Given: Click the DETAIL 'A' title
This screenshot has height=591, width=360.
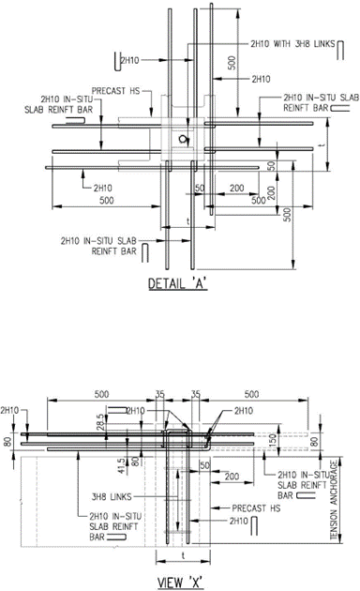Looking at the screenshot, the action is (x=178, y=283).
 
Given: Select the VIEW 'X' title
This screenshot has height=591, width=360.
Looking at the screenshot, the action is (x=180, y=583).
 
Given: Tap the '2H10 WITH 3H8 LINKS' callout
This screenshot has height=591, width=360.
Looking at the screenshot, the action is (x=292, y=44).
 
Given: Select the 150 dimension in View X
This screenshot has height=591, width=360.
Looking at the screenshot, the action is (x=273, y=439).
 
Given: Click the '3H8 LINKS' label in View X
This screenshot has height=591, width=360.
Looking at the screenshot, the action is (x=112, y=497).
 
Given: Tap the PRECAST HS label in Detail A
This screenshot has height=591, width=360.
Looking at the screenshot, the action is (x=115, y=91).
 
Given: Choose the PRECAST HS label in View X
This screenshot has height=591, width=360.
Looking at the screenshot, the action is (x=256, y=508).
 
